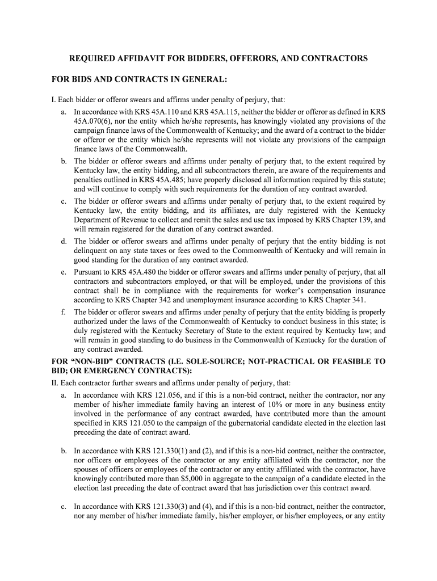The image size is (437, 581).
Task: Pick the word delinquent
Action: (x=93, y=250)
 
